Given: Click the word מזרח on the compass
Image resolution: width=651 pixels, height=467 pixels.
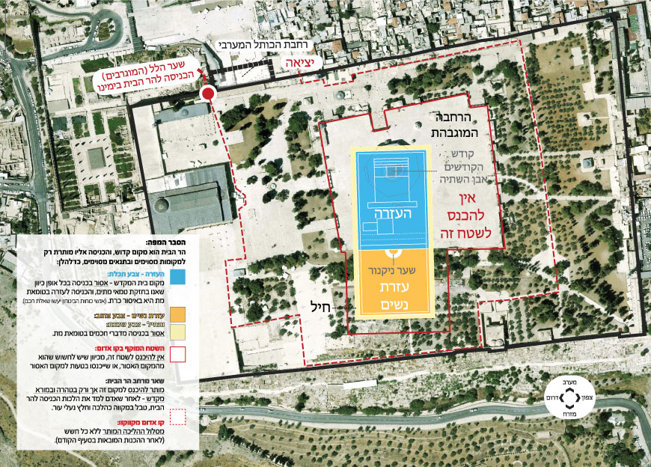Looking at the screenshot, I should pos(572,411).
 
